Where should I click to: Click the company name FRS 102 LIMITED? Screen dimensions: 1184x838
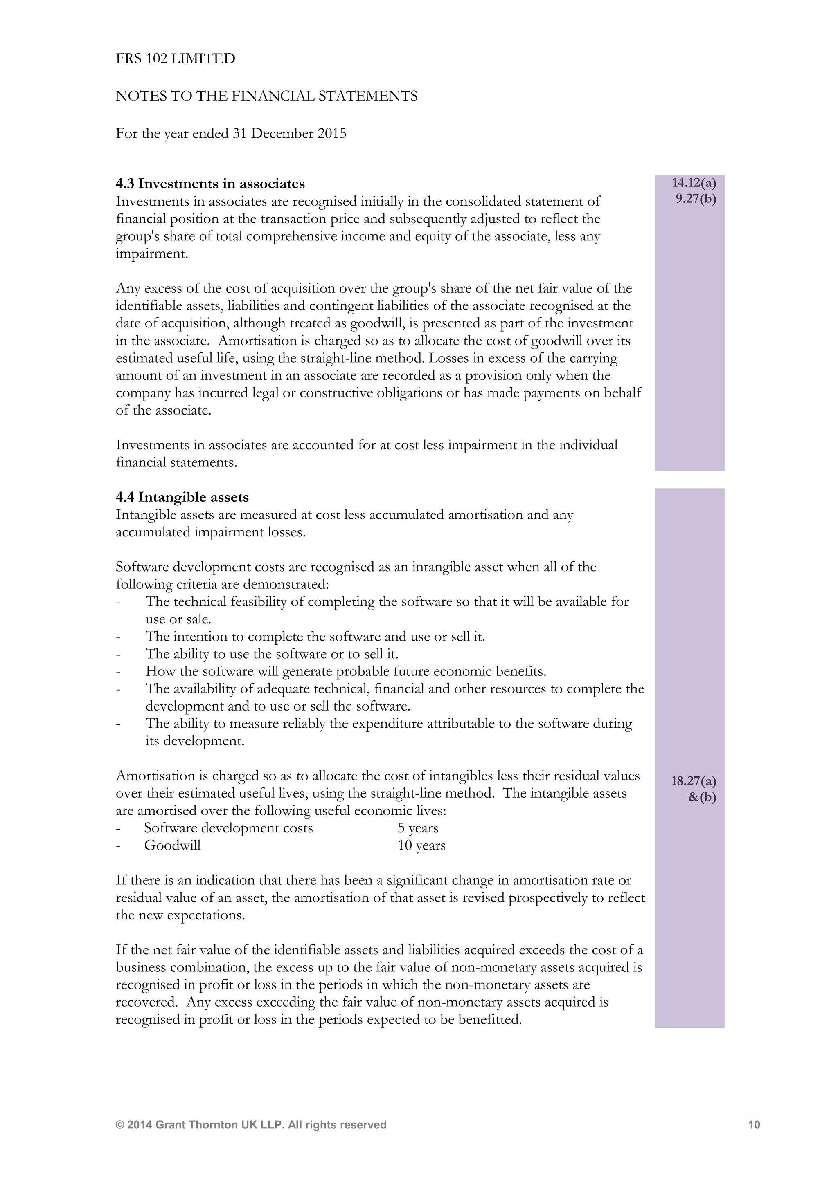tap(175, 59)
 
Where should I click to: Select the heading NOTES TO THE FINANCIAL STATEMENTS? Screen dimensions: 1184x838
tap(266, 96)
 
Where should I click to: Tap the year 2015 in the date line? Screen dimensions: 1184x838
tap(332, 134)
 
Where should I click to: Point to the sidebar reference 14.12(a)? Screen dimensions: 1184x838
tap(694, 183)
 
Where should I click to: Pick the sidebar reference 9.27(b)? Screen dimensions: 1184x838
tap(696, 199)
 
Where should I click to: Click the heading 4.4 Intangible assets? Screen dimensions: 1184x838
tap(182, 497)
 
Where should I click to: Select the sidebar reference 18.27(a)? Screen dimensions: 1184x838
tap(693, 781)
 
